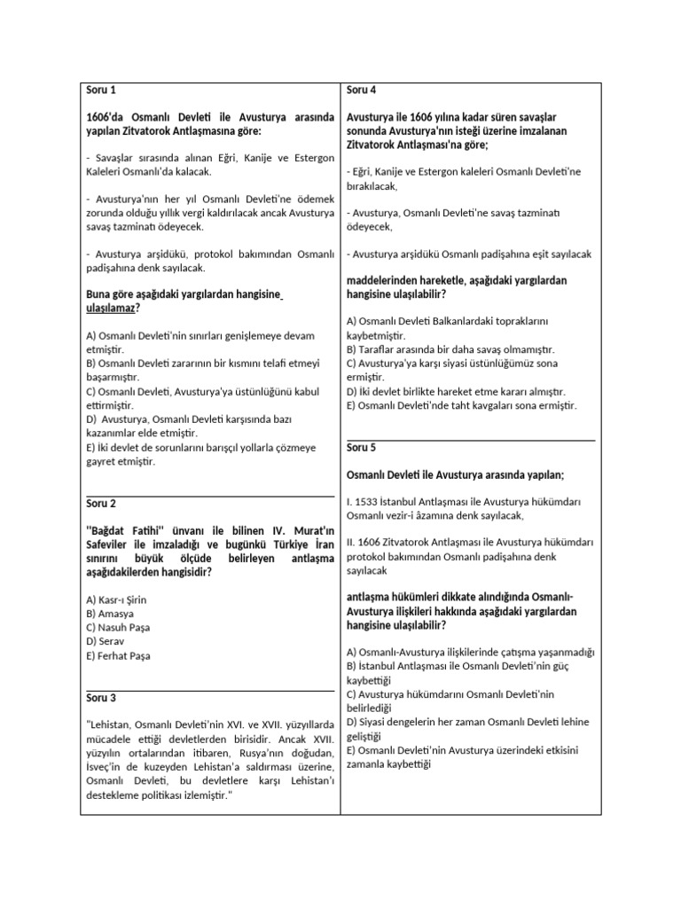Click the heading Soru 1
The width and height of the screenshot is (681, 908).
pos(100,90)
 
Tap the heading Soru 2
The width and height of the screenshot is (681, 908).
pos(101,504)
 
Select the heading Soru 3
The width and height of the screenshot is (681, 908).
pos(101,697)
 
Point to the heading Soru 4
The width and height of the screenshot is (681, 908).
pos(362,90)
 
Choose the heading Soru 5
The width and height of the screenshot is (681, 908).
pos(362,448)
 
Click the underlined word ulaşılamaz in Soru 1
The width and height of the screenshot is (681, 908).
pos(113,307)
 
